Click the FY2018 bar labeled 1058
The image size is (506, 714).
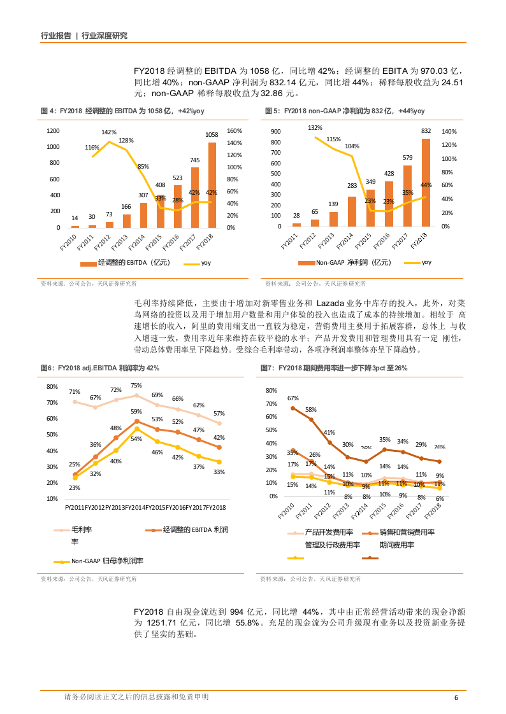click(x=212, y=185)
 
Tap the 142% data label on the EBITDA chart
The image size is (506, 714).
click(x=109, y=132)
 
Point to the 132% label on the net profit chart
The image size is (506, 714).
click(x=315, y=128)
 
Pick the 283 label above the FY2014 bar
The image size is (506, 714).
click(x=352, y=186)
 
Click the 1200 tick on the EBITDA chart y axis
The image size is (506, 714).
click(x=54, y=131)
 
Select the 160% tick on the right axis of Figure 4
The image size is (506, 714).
click(x=235, y=131)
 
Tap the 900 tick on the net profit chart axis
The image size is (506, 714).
click(x=275, y=132)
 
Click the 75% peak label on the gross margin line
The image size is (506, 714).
click(x=136, y=386)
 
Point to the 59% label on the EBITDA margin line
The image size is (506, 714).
click(x=136, y=412)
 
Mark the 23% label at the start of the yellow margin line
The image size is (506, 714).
click(x=75, y=488)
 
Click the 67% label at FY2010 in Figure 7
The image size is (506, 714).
click(x=293, y=398)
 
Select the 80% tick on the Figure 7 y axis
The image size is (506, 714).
click(x=271, y=391)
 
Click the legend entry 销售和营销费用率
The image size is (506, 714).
click(x=407, y=532)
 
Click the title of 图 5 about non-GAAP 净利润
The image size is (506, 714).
click(x=344, y=111)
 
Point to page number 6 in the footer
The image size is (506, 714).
click(x=456, y=697)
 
